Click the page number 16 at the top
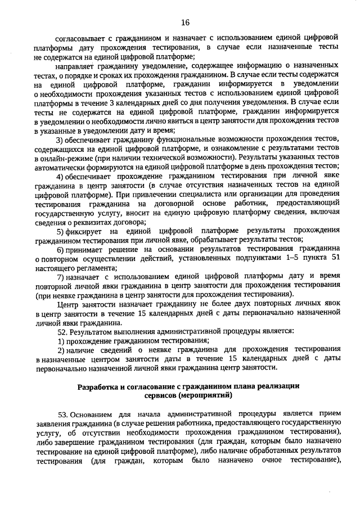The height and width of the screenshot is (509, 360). pos(185,23)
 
